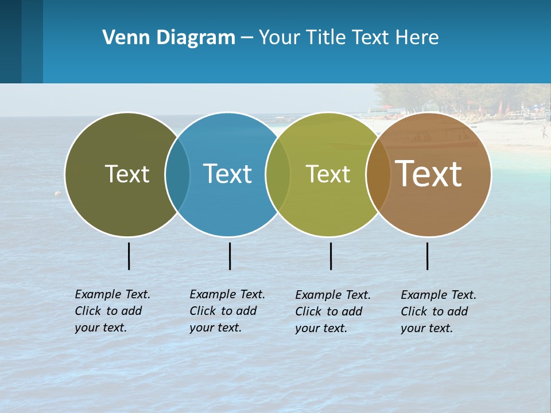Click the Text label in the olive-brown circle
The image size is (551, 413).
coord(127,174)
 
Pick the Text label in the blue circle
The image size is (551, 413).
coord(227,174)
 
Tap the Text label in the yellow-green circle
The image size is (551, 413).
coord(328,174)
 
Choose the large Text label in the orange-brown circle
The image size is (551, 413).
coord(428,174)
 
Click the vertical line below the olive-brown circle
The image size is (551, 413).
coord(129,256)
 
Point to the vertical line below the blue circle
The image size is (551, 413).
coord(230,256)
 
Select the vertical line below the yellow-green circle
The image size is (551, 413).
coord(331,256)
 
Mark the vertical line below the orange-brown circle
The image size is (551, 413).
coord(427,256)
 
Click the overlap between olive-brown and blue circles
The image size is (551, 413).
coord(177,174)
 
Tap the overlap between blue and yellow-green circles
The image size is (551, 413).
coord(278,174)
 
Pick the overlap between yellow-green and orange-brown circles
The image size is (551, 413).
coord(378,174)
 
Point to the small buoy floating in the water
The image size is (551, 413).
coord(57,194)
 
